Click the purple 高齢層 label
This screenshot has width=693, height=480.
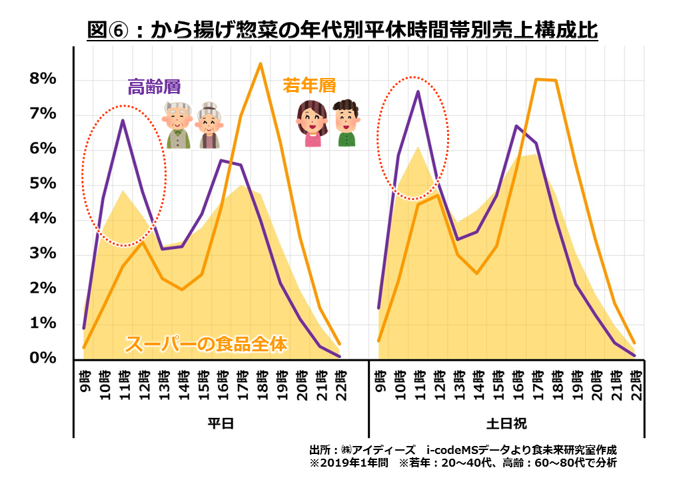tap(155, 87)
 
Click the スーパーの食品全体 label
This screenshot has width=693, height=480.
tap(206, 344)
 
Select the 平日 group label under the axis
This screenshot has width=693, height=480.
tap(221, 423)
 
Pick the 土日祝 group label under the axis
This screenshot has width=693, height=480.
tap(506, 423)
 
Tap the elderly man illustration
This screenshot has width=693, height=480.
tap(178, 125)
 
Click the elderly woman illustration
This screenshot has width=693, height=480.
tap(210, 125)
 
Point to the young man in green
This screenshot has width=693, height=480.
tap(346, 123)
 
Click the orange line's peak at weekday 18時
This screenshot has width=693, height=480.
tap(260, 64)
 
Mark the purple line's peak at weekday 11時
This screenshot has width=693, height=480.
tap(123, 121)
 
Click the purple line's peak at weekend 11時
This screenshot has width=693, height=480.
tap(418, 91)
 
